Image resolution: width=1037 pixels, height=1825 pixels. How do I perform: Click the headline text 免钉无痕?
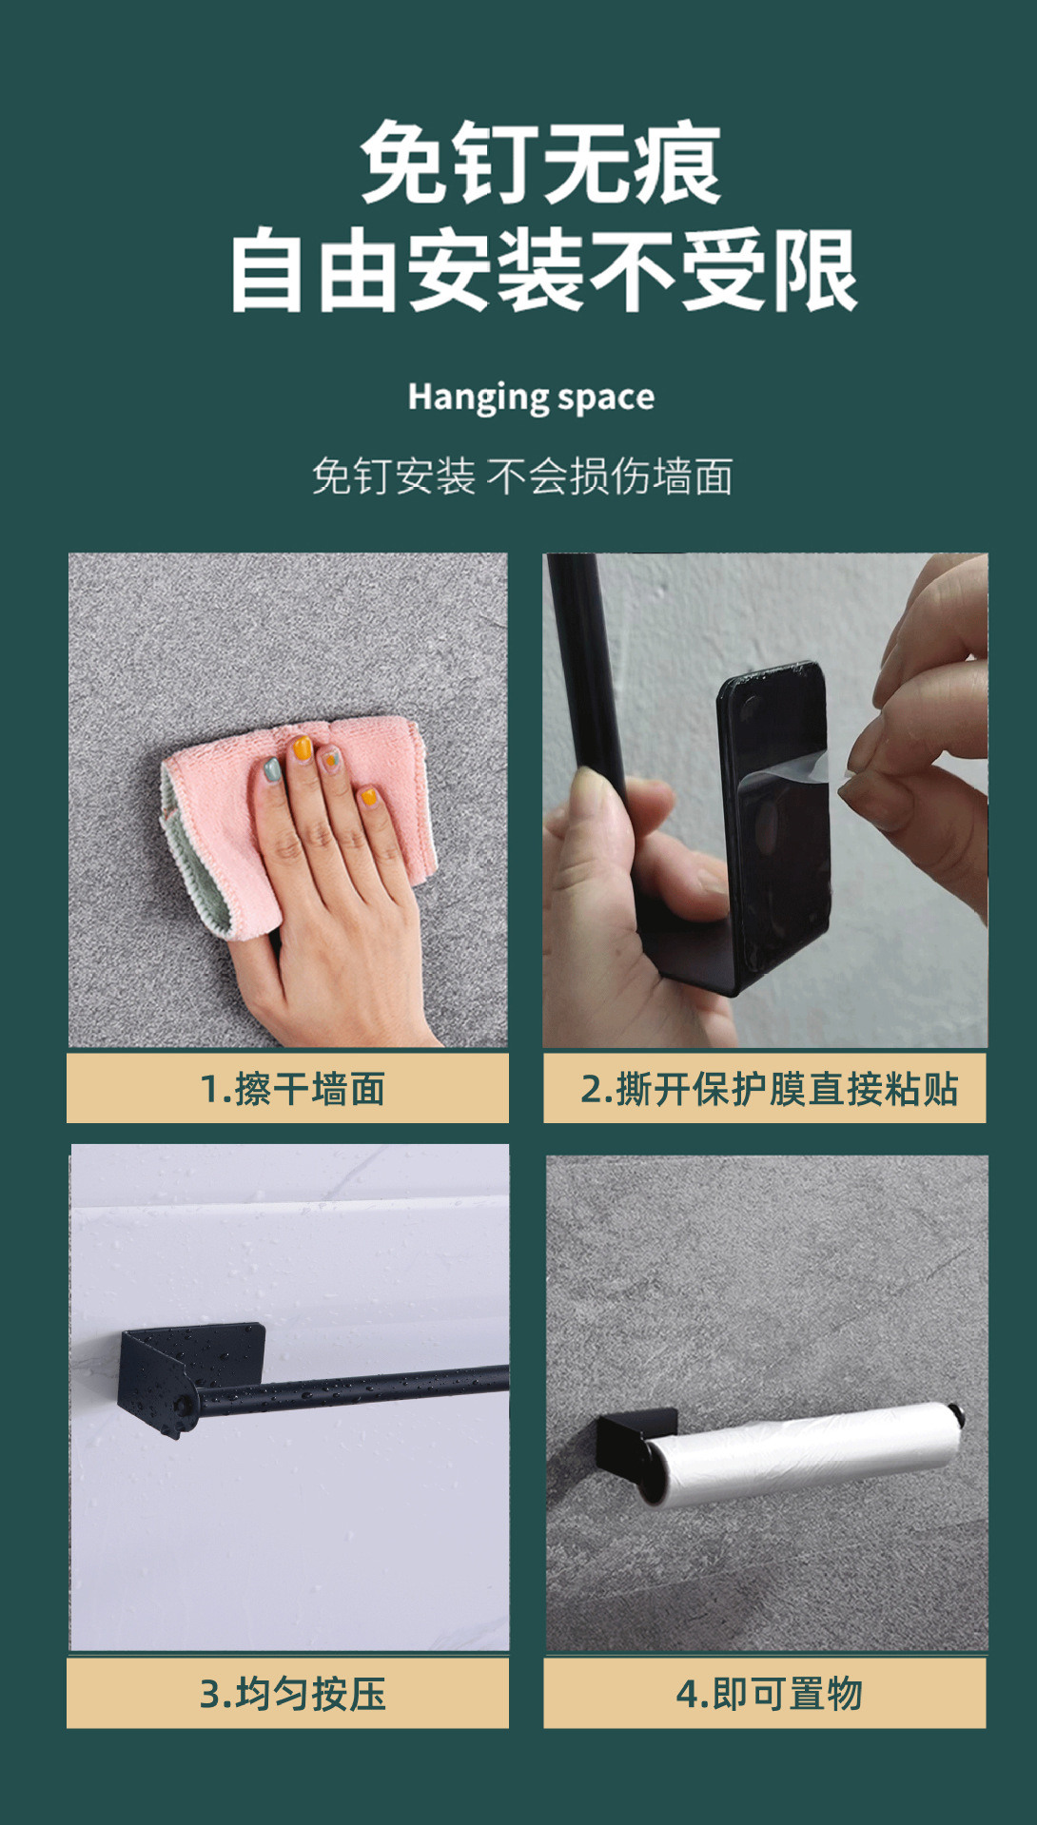click(x=539, y=165)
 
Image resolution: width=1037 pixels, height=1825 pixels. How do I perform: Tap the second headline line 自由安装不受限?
click(x=543, y=272)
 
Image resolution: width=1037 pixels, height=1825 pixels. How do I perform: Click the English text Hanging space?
click(x=531, y=398)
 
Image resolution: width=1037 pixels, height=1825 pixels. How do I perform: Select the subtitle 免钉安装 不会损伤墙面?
click(x=522, y=476)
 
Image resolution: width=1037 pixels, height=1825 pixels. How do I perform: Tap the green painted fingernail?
click(x=272, y=768)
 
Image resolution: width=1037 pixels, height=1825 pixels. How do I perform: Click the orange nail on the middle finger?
click(x=302, y=748)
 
